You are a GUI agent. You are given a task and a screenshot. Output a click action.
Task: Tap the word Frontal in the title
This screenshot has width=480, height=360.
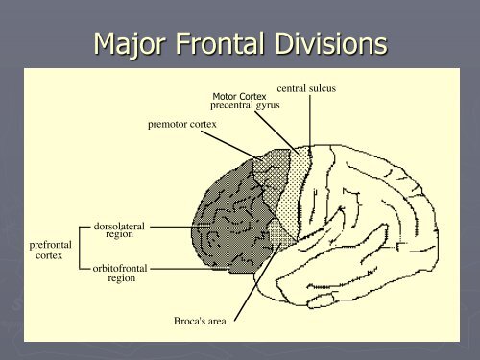(220, 43)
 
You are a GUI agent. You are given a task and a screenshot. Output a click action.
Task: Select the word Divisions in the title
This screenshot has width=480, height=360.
(331, 43)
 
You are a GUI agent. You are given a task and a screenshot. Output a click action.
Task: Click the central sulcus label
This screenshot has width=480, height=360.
(306, 88)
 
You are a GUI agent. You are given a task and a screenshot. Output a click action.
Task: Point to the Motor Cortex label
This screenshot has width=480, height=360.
(239, 96)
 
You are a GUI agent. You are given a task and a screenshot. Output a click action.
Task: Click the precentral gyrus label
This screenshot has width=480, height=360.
(245, 105)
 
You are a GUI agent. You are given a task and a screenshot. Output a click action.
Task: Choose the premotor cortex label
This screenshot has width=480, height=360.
(182, 124)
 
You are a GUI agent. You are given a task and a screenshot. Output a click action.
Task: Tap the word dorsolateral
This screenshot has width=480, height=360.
(119, 227)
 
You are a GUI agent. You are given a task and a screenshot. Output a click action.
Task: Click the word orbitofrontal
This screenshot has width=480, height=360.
(120, 268)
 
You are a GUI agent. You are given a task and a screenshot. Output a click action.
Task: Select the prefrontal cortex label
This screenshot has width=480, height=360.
(50, 250)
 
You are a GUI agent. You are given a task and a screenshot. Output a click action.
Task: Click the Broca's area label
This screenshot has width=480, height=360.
(200, 321)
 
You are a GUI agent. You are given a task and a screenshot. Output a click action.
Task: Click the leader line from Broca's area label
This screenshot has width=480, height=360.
(257, 282)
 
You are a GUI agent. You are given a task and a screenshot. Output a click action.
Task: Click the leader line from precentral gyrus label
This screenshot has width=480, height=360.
(276, 132)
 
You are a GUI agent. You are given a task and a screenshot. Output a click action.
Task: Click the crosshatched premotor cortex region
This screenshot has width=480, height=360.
(272, 180)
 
